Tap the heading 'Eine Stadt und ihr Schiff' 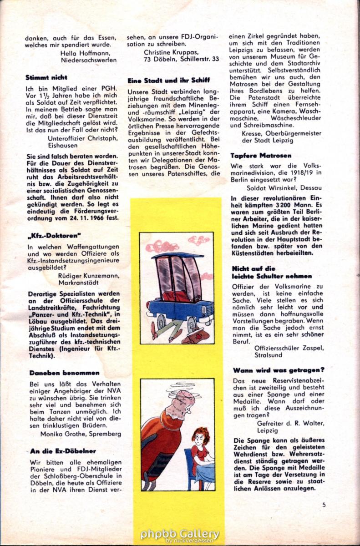tap(168, 80)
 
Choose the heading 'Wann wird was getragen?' tap(279, 370)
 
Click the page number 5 tap(324, 504)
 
